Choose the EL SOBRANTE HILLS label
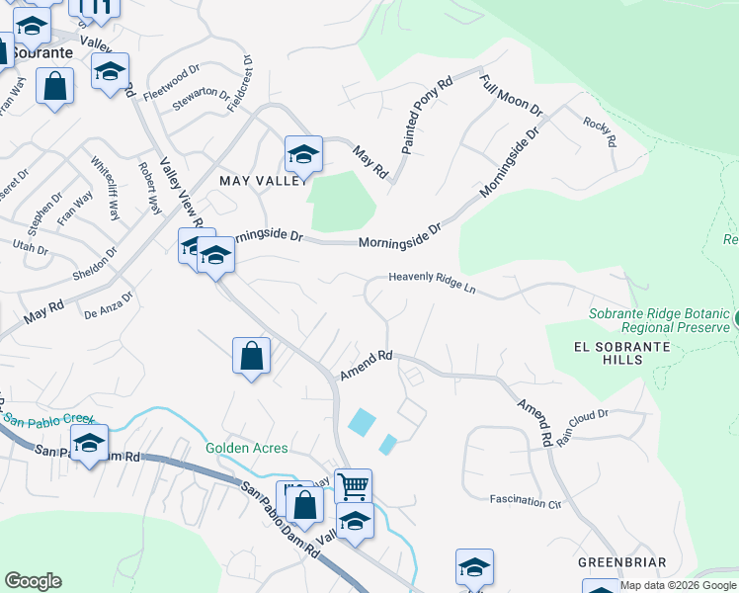pos(622,353)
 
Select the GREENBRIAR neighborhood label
pos(622,562)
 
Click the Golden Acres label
pos(247,448)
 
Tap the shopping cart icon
pos(353,485)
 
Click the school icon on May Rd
pos(303,154)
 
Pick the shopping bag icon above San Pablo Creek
pos(252,356)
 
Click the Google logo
pos(33,582)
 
